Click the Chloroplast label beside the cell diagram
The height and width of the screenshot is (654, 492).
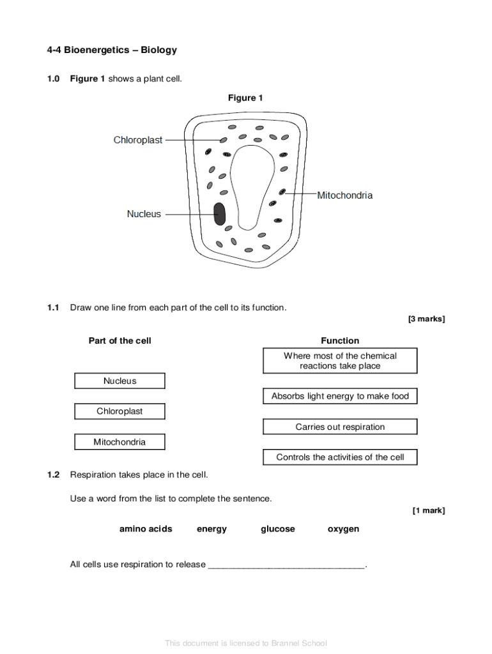(138, 140)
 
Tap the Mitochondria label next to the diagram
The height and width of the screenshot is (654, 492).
(344, 195)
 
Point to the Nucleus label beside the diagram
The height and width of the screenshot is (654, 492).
(144, 214)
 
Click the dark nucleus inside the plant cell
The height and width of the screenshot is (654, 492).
(219, 214)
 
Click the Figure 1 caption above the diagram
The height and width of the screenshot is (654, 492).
(245, 98)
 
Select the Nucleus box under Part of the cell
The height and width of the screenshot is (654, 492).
(119, 381)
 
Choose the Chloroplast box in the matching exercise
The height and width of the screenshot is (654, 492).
(119, 411)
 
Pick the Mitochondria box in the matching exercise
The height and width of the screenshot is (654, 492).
(119, 442)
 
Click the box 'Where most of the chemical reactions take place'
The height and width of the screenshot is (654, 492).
(340, 361)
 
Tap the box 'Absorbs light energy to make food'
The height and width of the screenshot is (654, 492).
(340, 396)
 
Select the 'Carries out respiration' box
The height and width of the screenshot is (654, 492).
(340, 427)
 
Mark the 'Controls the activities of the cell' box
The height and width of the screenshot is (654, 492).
(340, 457)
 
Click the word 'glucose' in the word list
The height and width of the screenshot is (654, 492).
(278, 529)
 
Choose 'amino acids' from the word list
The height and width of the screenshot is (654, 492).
(146, 529)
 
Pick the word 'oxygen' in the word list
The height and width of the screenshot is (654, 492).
(343, 529)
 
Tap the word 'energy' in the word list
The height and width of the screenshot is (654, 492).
(211, 529)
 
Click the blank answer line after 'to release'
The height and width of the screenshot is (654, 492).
(287, 565)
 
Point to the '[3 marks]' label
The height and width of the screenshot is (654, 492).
(427, 319)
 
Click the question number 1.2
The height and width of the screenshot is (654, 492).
(53, 475)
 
